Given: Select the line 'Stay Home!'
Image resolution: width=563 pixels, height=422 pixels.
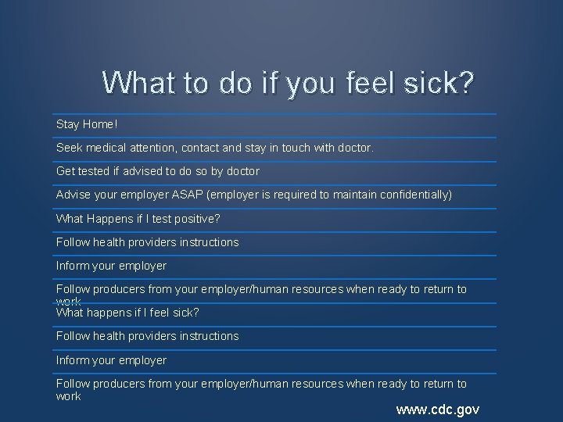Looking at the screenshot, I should (87, 124).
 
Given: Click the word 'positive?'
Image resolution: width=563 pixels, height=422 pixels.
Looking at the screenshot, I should (195, 218).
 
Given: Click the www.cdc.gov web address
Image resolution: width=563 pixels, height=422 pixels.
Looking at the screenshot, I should (438, 409).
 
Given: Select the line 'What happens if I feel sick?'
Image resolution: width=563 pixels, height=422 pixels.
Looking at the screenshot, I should (127, 313).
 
